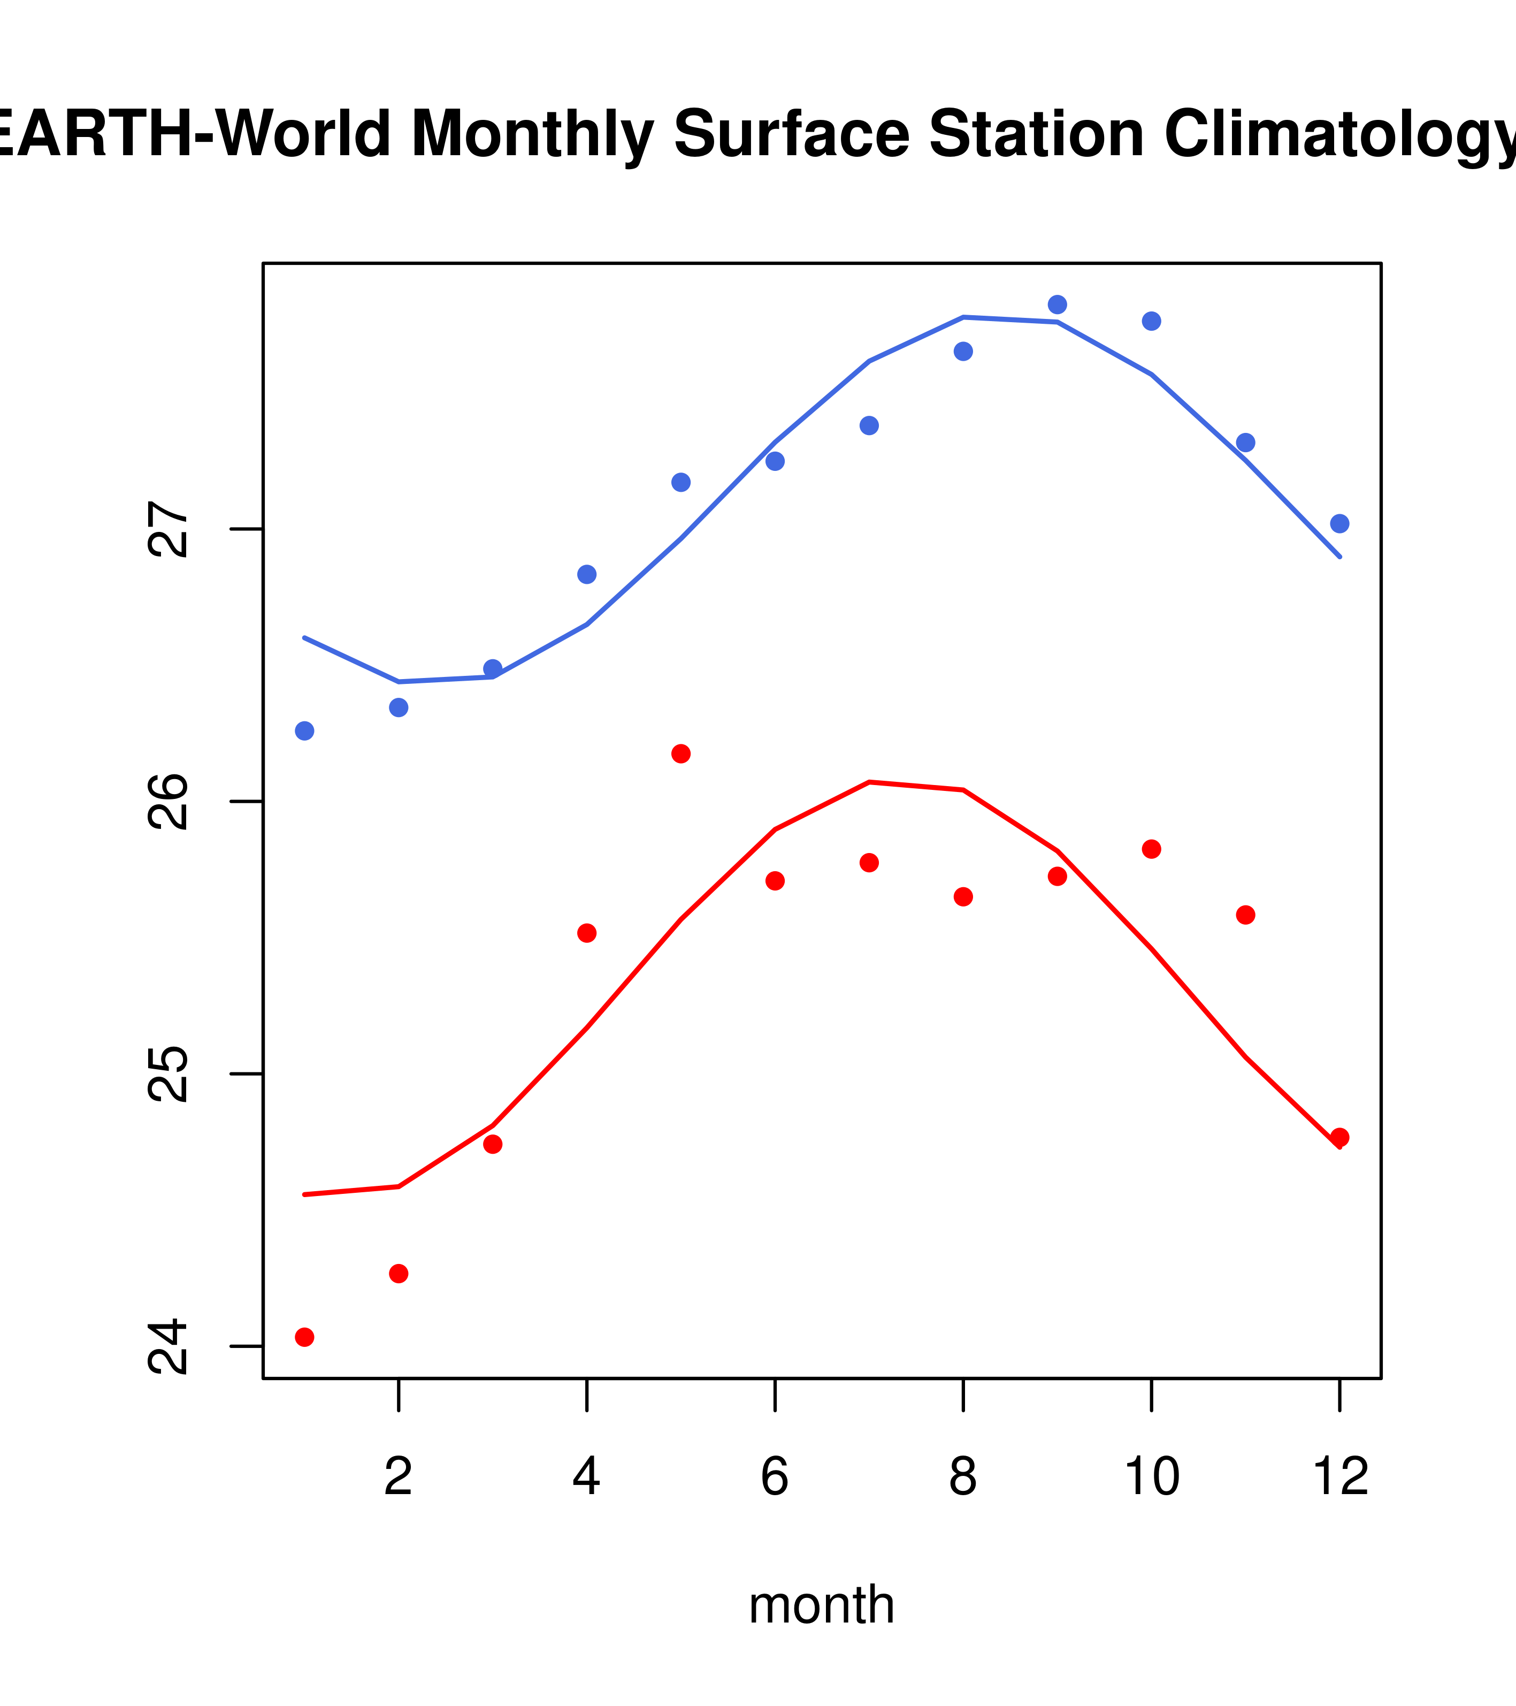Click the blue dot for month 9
pos(1057,304)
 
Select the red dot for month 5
pos(681,753)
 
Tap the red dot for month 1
pos(304,1337)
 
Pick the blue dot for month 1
pos(304,731)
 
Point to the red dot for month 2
pos(399,1274)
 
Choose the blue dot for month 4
pos(586,574)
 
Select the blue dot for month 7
pos(869,425)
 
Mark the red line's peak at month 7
pos(869,782)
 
